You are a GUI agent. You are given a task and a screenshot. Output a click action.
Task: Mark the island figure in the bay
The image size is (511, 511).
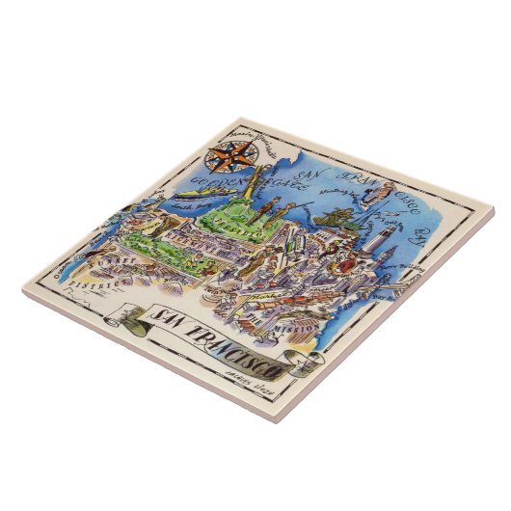click(377, 197)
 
